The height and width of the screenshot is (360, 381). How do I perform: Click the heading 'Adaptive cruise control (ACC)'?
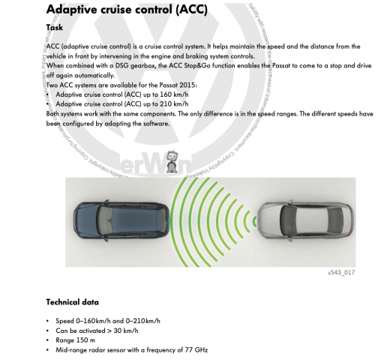tap(127, 10)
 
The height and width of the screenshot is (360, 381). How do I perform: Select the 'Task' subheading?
tap(54, 28)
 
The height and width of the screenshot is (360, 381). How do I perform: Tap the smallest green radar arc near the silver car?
tap(253, 221)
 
